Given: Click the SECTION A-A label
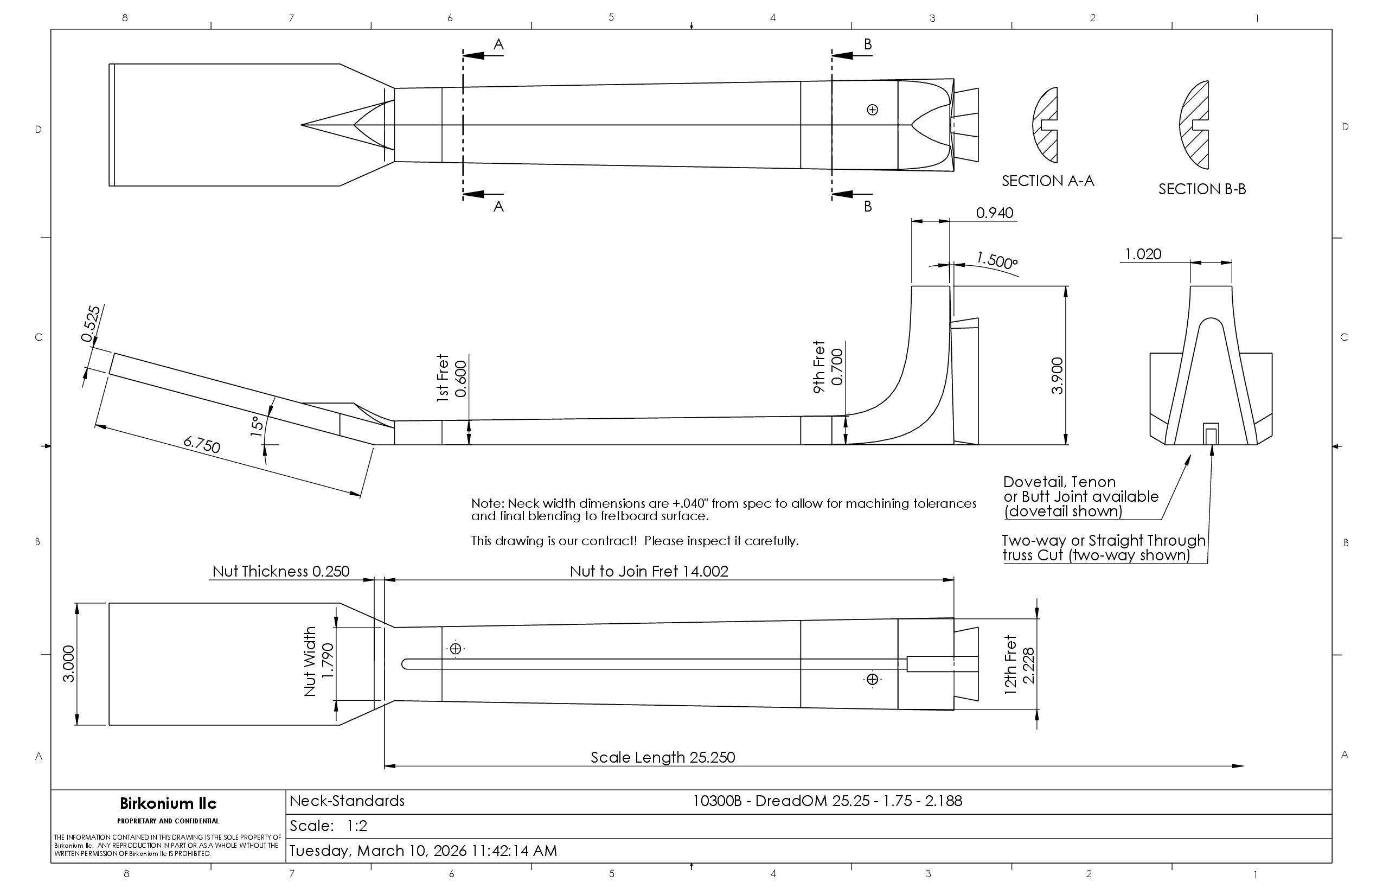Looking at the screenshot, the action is (x=1048, y=181).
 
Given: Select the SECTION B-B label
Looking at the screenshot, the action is (x=1202, y=189).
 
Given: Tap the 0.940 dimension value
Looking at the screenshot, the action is (x=995, y=213).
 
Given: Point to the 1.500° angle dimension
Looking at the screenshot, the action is (x=997, y=260).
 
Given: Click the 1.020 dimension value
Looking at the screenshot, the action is (x=1143, y=254).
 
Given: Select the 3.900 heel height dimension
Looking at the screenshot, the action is (x=1058, y=375).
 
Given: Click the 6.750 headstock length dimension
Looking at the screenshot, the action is (x=202, y=445).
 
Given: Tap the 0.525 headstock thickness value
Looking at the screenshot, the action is (x=91, y=324).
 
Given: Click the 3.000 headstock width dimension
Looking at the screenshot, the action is (x=68, y=664).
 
